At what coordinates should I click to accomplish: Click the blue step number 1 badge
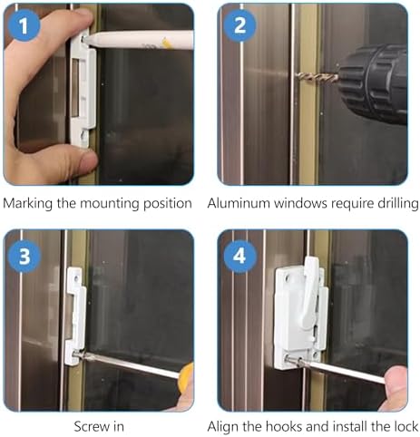tap(24, 25)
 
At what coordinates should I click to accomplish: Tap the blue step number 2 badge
tap(240, 25)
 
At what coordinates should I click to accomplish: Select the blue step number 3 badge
tap(24, 257)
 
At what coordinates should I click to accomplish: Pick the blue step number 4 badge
tap(239, 257)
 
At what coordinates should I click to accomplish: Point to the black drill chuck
tap(373, 83)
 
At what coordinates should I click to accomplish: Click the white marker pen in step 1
tap(138, 40)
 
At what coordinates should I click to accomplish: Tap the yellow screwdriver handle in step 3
tap(186, 378)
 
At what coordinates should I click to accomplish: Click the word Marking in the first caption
tap(28, 204)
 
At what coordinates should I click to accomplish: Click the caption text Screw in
tap(99, 427)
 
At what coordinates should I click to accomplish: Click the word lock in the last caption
tap(407, 427)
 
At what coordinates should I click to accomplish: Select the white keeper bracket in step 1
tap(83, 91)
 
